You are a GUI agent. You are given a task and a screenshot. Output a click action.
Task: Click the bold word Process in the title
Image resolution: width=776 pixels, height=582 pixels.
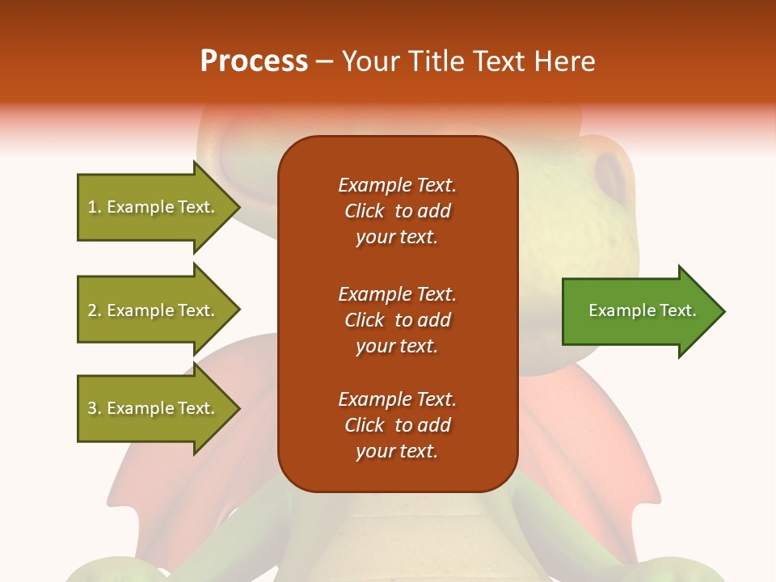click(x=254, y=61)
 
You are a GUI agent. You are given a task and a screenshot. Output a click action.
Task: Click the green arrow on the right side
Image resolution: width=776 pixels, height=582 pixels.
click(x=639, y=311)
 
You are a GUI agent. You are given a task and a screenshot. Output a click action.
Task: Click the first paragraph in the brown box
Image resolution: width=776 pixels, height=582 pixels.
click(x=397, y=211)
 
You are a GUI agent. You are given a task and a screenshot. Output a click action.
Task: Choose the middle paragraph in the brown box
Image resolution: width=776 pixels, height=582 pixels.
click(x=397, y=320)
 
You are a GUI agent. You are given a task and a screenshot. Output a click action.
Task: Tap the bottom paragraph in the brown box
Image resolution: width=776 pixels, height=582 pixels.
click(x=397, y=425)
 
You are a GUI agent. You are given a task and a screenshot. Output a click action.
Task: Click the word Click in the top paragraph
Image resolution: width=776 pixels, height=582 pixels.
click(x=365, y=211)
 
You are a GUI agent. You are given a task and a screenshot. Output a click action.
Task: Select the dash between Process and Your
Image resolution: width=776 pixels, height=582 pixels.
click(x=325, y=61)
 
